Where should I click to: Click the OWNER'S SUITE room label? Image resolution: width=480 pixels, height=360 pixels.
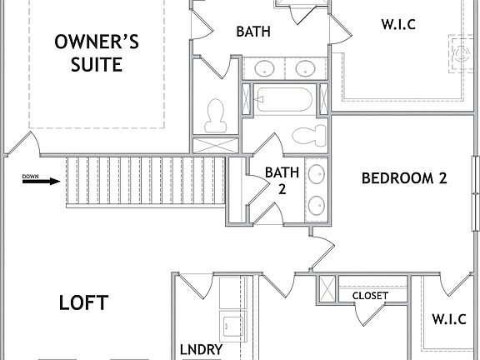tap(96, 52)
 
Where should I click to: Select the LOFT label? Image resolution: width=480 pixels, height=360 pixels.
tap(83, 302)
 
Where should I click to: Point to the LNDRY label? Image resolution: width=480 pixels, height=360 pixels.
tap(201, 349)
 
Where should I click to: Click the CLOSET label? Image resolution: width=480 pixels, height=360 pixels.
tap(370, 296)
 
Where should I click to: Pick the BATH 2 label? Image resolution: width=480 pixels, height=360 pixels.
tap(276, 181)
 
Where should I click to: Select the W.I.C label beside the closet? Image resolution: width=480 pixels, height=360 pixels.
tap(449, 318)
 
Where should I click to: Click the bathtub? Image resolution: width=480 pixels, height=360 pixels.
tap(282, 101)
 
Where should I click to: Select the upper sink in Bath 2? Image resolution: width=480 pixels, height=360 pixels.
tap(317, 175)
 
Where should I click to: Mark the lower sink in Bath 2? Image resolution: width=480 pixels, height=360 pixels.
tap(317, 204)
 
